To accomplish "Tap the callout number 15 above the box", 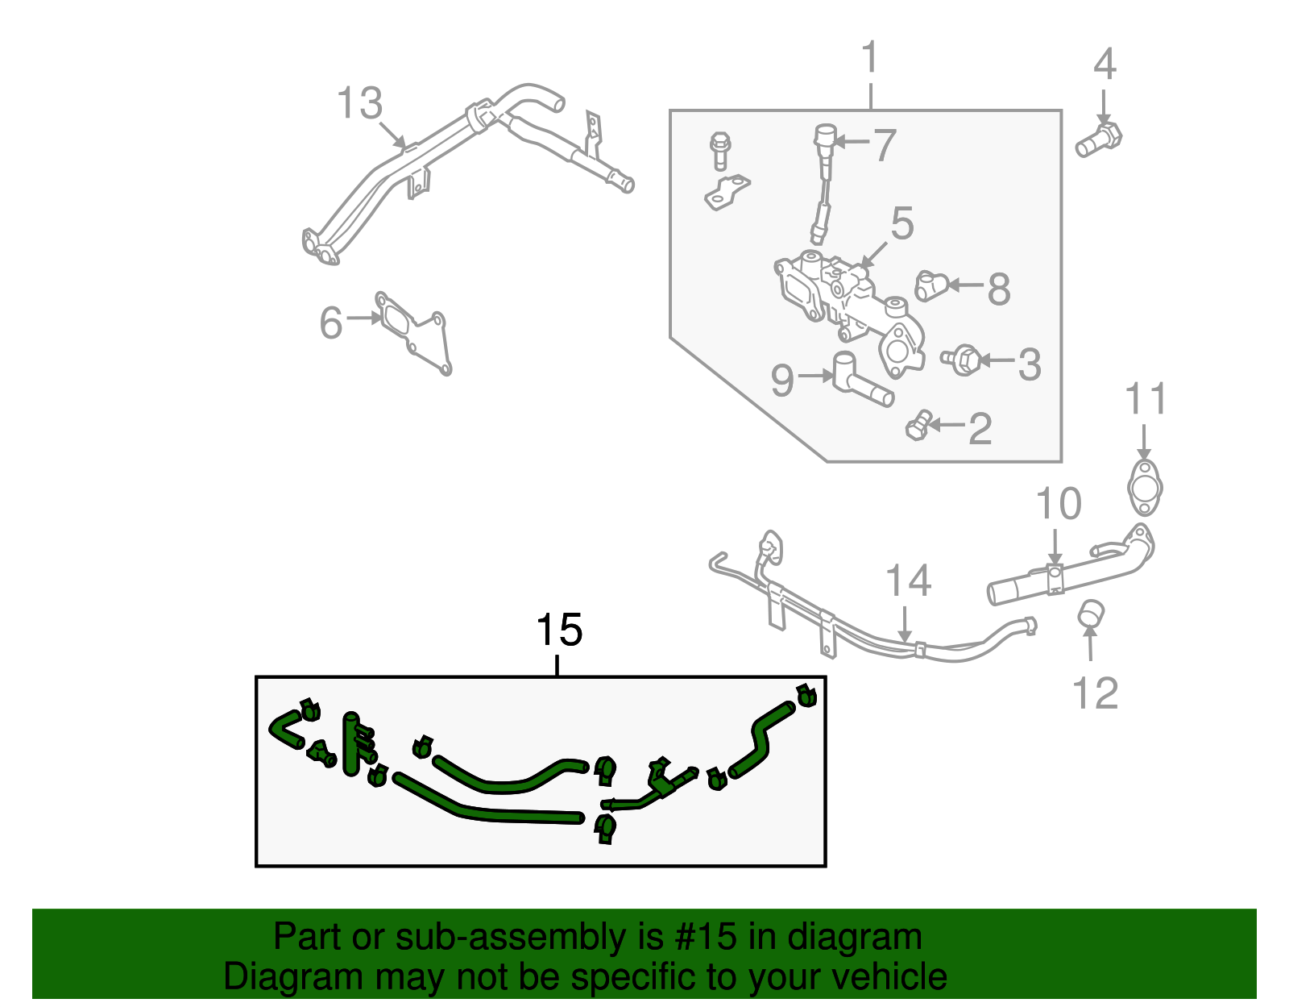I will [559, 630].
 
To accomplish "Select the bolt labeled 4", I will [1099, 140].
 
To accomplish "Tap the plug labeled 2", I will [918, 426].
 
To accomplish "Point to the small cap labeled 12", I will [1091, 613].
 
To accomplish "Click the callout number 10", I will [1058, 505].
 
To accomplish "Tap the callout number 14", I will [908, 581].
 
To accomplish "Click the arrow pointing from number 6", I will [365, 318].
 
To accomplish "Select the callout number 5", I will [901, 223].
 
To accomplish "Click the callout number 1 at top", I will [870, 58].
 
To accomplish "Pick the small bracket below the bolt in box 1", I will [727, 192].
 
